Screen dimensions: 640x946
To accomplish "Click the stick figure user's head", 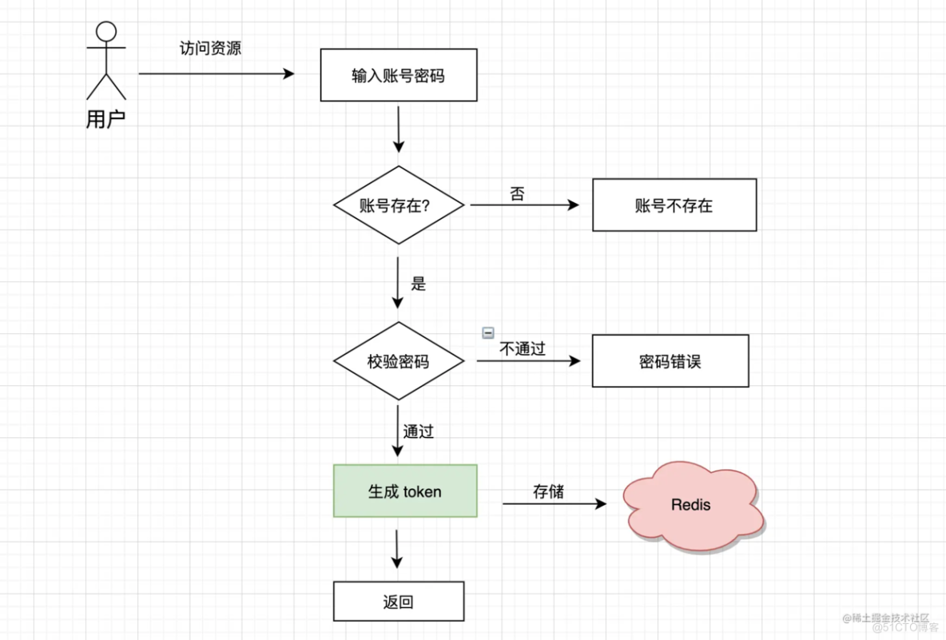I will tap(106, 31).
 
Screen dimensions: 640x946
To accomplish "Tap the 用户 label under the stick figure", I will tap(105, 121).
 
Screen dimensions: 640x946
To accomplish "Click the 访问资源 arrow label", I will tap(210, 49).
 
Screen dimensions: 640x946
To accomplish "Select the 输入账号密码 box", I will tap(398, 75).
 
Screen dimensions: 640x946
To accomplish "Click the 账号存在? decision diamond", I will tap(398, 205).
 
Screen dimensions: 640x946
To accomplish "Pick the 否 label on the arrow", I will tap(517, 194).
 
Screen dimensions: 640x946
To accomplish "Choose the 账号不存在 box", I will tap(674, 205).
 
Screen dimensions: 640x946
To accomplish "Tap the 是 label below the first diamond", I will tap(419, 284).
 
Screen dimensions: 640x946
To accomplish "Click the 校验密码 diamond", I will tap(398, 361).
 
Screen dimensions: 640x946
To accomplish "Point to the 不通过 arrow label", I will tap(523, 349).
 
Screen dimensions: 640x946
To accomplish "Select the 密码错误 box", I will tap(670, 361).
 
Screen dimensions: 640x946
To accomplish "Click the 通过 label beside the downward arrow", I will tap(419, 432).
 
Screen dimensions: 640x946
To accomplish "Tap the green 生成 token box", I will tap(404, 491).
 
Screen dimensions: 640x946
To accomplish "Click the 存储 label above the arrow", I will tap(548, 491).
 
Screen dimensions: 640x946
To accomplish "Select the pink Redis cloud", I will tap(691, 505).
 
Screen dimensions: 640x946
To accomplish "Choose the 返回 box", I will tap(398, 602).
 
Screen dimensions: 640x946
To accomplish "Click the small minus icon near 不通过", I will tap(488, 333).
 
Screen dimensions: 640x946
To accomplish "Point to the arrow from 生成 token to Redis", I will tap(553, 504).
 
